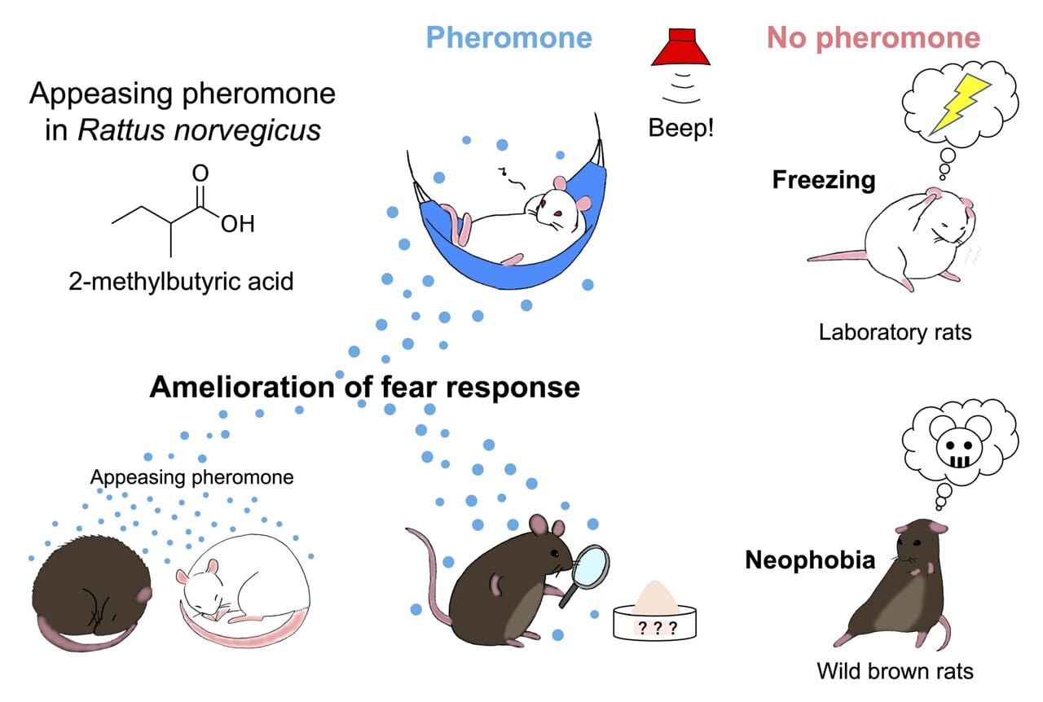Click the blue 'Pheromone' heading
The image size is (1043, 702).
pyautogui.click(x=509, y=37)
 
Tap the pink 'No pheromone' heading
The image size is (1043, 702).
pyautogui.click(x=873, y=37)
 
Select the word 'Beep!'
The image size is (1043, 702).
pyautogui.click(x=681, y=129)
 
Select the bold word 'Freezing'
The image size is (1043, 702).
pyautogui.click(x=823, y=179)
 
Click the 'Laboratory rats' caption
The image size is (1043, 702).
pyautogui.click(x=895, y=332)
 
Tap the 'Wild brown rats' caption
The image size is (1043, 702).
pyautogui.click(x=895, y=671)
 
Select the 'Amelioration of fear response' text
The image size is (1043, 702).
pyautogui.click(x=364, y=387)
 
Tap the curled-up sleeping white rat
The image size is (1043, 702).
pyautogui.click(x=244, y=599)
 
